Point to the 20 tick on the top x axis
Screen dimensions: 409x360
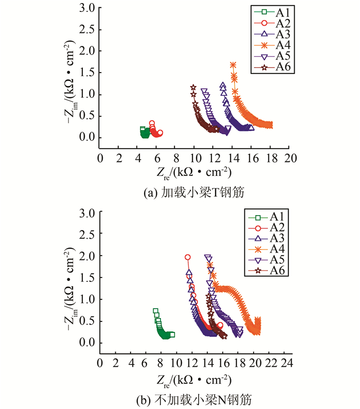click(291, 157)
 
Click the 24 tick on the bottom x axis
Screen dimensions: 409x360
click(286, 363)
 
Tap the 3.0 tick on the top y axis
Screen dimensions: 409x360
click(88, 8)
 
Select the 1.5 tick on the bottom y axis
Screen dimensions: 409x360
click(88, 277)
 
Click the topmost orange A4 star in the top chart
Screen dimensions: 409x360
click(233, 65)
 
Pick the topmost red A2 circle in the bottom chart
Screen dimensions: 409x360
click(188, 257)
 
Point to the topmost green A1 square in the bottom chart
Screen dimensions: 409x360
click(155, 311)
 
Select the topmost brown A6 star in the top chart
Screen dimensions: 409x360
click(193, 87)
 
